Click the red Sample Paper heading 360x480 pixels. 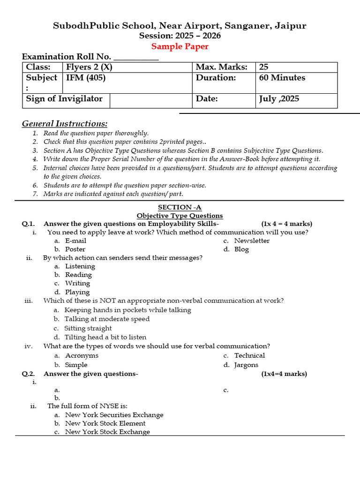click(180, 46)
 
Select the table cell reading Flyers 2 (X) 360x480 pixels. click(89, 67)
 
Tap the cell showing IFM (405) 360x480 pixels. click(86, 78)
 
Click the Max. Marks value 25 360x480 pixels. click(264, 67)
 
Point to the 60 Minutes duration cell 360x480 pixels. click(282, 78)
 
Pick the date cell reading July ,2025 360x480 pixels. click(279, 99)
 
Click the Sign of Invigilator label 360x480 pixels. click(64, 99)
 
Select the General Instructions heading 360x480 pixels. click(65, 124)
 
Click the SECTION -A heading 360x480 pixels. click(180, 207)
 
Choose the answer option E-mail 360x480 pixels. click(75, 241)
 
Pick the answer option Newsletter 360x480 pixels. click(252, 241)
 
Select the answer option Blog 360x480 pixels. click(241, 249)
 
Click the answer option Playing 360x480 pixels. click(77, 292)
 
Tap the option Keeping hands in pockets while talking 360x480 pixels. click(127, 310)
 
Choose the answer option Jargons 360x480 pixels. click(246, 365)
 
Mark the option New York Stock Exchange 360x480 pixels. click(107, 432)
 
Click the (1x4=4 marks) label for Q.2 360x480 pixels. click(284, 374)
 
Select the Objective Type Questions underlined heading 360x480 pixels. click(180, 216)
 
